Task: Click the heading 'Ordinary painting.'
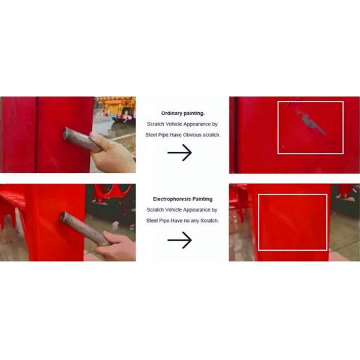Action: point(183,113)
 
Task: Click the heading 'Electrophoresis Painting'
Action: point(182,199)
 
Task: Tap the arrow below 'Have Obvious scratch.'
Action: point(180,152)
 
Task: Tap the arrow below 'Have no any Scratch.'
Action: point(180,240)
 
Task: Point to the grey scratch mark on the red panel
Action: point(310,122)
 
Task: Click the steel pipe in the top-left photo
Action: point(82,140)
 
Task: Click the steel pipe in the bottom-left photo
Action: point(84,229)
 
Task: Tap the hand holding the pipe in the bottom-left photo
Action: point(116,247)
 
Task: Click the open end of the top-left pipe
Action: point(66,133)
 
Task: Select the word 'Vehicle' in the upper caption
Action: point(174,124)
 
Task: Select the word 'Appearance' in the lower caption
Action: point(197,210)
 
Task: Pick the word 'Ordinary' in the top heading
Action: point(171,113)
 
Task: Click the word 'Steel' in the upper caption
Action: point(151,135)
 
